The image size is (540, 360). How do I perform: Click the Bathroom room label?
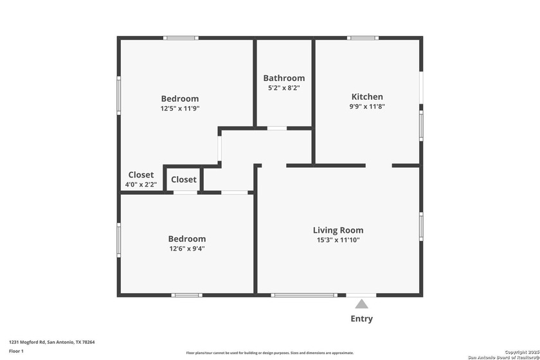pos(283,78)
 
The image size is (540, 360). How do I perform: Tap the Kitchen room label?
pos(367,96)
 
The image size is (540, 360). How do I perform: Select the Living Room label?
pos(338,230)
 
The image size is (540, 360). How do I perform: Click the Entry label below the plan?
pos(361,319)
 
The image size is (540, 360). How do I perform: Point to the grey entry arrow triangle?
pos(362,304)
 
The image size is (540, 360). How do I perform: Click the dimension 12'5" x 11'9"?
pos(180,109)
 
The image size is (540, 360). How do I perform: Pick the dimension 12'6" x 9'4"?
pos(187,249)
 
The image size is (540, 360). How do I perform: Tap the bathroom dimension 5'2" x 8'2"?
pos(283,87)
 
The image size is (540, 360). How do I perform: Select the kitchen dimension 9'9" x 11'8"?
pos(367,107)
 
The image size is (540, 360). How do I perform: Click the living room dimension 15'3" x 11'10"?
pos(338,240)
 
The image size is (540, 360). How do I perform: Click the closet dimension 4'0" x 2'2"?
pos(141,184)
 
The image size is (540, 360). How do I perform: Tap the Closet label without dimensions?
pos(184,180)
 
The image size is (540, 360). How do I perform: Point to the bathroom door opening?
pos(277,129)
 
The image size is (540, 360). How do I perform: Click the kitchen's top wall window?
pos(358,38)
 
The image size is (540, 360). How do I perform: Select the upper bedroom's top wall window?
pos(180,38)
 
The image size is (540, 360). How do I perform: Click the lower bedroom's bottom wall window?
pos(187,295)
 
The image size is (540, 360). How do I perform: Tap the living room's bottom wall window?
pos(303,295)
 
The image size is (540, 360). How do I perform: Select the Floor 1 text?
pos(16,351)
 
